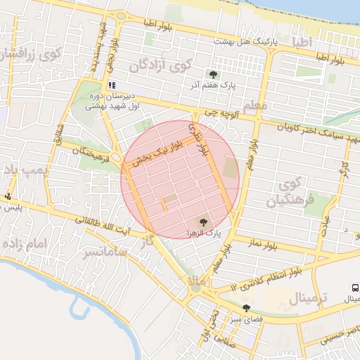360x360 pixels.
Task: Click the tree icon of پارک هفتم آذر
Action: pyautogui.click(x=212, y=74)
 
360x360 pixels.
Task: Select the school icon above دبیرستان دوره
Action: pyautogui.click(x=112, y=84)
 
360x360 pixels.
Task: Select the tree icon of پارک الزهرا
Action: pyautogui.click(x=204, y=221)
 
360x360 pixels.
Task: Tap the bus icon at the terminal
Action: pyautogui.click(x=356, y=288)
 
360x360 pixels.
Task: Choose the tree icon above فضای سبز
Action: pyautogui.click(x=246, y=308)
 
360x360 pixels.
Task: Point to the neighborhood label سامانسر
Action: pyautogui.click(x=103, y=251)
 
